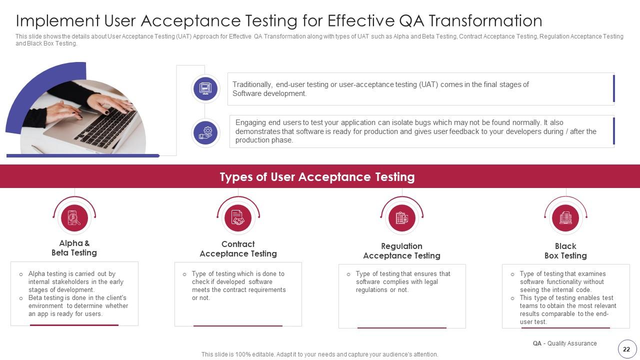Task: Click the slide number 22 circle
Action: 626,349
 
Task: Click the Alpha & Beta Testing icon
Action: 74,218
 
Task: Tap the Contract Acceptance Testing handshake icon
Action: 238,218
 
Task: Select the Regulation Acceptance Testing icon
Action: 402,218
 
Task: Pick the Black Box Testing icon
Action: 565,218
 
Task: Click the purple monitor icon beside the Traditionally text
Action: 205,89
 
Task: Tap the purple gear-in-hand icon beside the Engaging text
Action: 205,132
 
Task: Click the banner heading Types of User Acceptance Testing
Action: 317,177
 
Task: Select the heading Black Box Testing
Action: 565,251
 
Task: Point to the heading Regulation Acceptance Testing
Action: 401,251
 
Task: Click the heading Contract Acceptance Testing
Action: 238,249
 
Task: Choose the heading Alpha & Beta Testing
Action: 74,248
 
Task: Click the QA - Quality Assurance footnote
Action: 564,343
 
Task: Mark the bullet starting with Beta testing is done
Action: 78,306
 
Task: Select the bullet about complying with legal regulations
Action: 403,282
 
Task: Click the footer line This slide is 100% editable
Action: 319,354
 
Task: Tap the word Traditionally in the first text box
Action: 252,84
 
